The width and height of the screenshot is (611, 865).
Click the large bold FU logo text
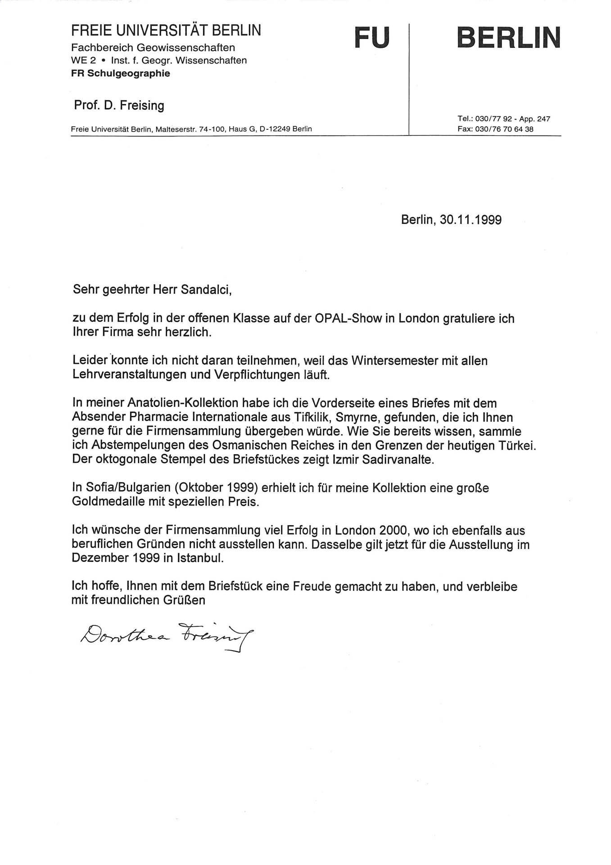372,37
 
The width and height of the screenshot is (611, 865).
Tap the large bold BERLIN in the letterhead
508,37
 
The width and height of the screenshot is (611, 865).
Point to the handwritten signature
167,635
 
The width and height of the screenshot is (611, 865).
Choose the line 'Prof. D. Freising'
119,105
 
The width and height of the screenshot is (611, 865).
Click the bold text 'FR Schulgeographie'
120,73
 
